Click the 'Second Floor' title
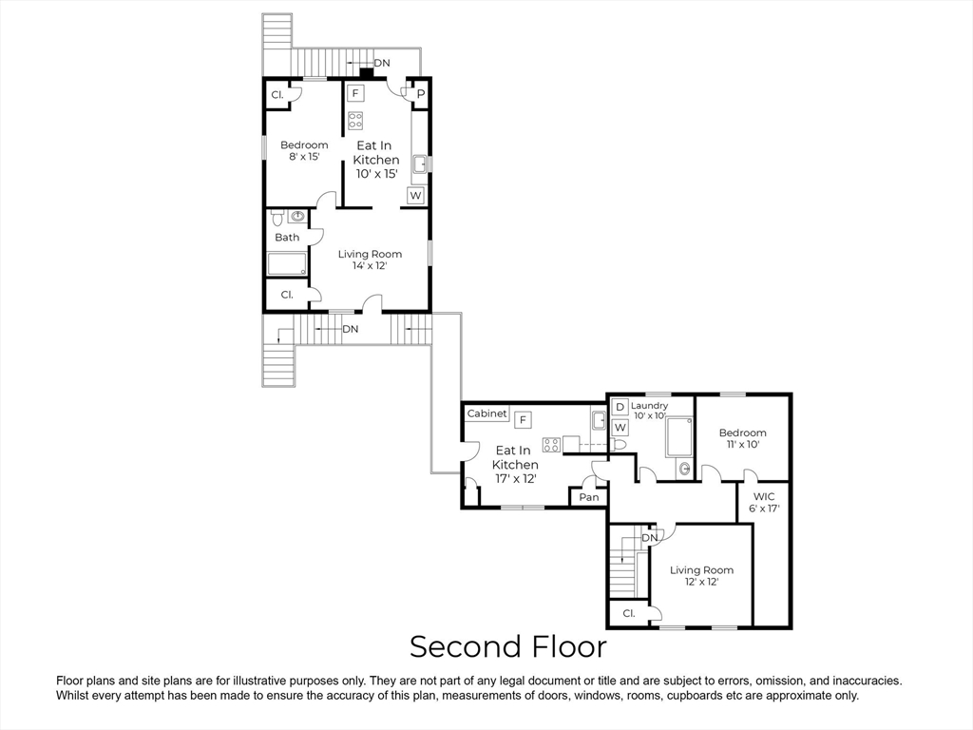tap(507, 647)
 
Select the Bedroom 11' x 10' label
tap(742, 438)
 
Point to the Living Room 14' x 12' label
tap(370, 259)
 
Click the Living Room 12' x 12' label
tap(701, 576)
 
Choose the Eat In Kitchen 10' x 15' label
tap(375, 160)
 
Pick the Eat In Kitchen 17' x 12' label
tap(514, 465)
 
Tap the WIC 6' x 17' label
tap(764, 502)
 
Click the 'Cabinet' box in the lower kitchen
tap(486, 414)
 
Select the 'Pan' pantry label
tap(589, 497)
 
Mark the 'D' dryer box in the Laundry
tap(620, 407)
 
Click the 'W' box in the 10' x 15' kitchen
tap(415, 196)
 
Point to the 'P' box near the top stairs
tap(420, 94)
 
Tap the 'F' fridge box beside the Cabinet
tap(523, 419)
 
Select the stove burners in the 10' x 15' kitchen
tap(355, 120)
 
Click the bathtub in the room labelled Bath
tap(286, 263)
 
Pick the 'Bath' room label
tap(287, 238)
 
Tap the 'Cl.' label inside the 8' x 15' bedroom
tap(277, 95)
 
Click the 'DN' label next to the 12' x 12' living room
tap(650, 538)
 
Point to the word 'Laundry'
tap(650, 406)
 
